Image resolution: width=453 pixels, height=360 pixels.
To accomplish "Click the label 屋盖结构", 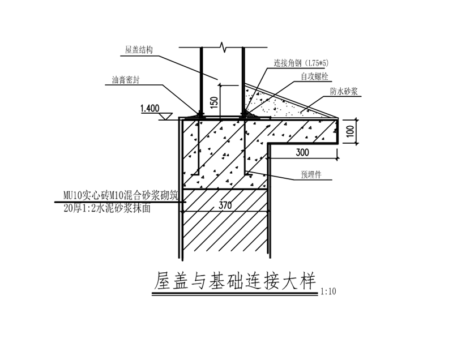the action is pyautogui.click(x=139, y=50).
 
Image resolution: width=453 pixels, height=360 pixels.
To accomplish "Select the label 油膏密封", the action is pyautogui.click(x=126, y=80).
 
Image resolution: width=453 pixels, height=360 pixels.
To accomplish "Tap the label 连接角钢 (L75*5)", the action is pyautogui.click(x=301, y=63).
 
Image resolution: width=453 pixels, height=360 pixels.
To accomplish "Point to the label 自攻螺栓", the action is pyautogui.click(x=315, y=76).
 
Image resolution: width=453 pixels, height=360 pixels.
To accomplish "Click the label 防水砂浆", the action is pyautogui.click(x=344, y=91).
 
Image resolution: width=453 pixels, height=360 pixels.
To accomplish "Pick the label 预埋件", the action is pyautogui.click(x=311, y=174).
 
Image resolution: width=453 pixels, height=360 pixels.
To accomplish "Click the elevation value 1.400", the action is pyautogui.click(x=150, y=108).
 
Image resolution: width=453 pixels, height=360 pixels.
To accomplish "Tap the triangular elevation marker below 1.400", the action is pyautogui.click(x=166, y=117).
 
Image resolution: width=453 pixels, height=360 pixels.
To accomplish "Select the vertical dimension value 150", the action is pyautogui.click(x=214, y=102).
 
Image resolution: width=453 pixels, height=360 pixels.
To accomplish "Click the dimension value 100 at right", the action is pyautogui.click(x=350, y=131).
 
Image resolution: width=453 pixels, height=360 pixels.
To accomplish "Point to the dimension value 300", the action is pyautogui.click(x=302, y=152).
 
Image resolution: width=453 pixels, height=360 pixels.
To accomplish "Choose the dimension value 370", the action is pyautogui.click(x=225, y=205).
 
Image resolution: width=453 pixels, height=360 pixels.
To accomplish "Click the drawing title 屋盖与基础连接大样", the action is pyautogui.click(x=235, y=281).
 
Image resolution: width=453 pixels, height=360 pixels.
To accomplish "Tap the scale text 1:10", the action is pyautogui.click(x=328, y=292).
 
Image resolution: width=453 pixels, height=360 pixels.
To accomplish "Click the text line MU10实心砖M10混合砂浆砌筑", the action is pyautogui.click(x=121, y=196).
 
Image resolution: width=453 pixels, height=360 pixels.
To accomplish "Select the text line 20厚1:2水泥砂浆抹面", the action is pyautogui.click(x=107, y=208).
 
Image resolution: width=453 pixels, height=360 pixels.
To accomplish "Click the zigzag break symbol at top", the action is pyautogui.click(x=223, y=47).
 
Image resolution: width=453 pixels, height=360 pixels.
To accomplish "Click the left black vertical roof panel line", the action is pyautogui.click(x=201, y=80).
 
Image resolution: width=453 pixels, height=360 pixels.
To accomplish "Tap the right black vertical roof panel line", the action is pyautogui.click(x=243, y=80).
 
